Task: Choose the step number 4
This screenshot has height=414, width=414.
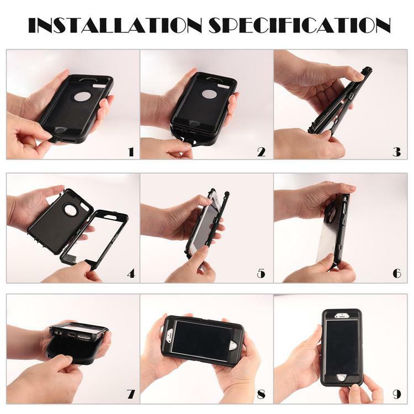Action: [130, 273]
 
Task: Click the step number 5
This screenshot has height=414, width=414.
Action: [261, 273]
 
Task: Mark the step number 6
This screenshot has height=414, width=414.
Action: [396, 273]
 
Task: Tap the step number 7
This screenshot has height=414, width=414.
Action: [131, 394]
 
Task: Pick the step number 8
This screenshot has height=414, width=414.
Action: [261, 394]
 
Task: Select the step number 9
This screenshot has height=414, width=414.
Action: [396, 394]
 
